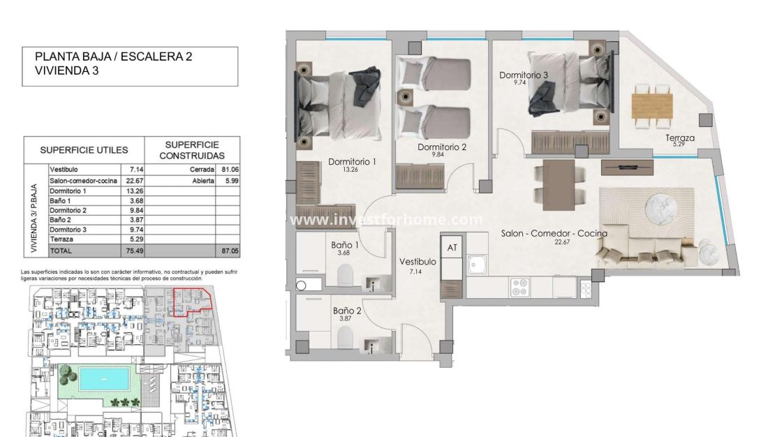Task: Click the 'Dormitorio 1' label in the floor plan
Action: (x=352, y=162)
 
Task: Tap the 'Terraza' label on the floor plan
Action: (x=679, y=138)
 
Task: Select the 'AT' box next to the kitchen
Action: (x=452, y=247)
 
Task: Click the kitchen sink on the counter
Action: (x=480, y=265)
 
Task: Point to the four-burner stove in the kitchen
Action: (x=521, y=286)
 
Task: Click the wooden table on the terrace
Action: (x=651, y=105)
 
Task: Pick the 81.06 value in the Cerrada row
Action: (x=226, y=170)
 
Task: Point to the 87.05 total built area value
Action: (x=226, y=249)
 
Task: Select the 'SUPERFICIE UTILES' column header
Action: (x=84, y=149)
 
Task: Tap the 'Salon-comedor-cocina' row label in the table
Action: (x=79, y=180)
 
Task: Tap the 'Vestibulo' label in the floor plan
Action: (x=418, y=261)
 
